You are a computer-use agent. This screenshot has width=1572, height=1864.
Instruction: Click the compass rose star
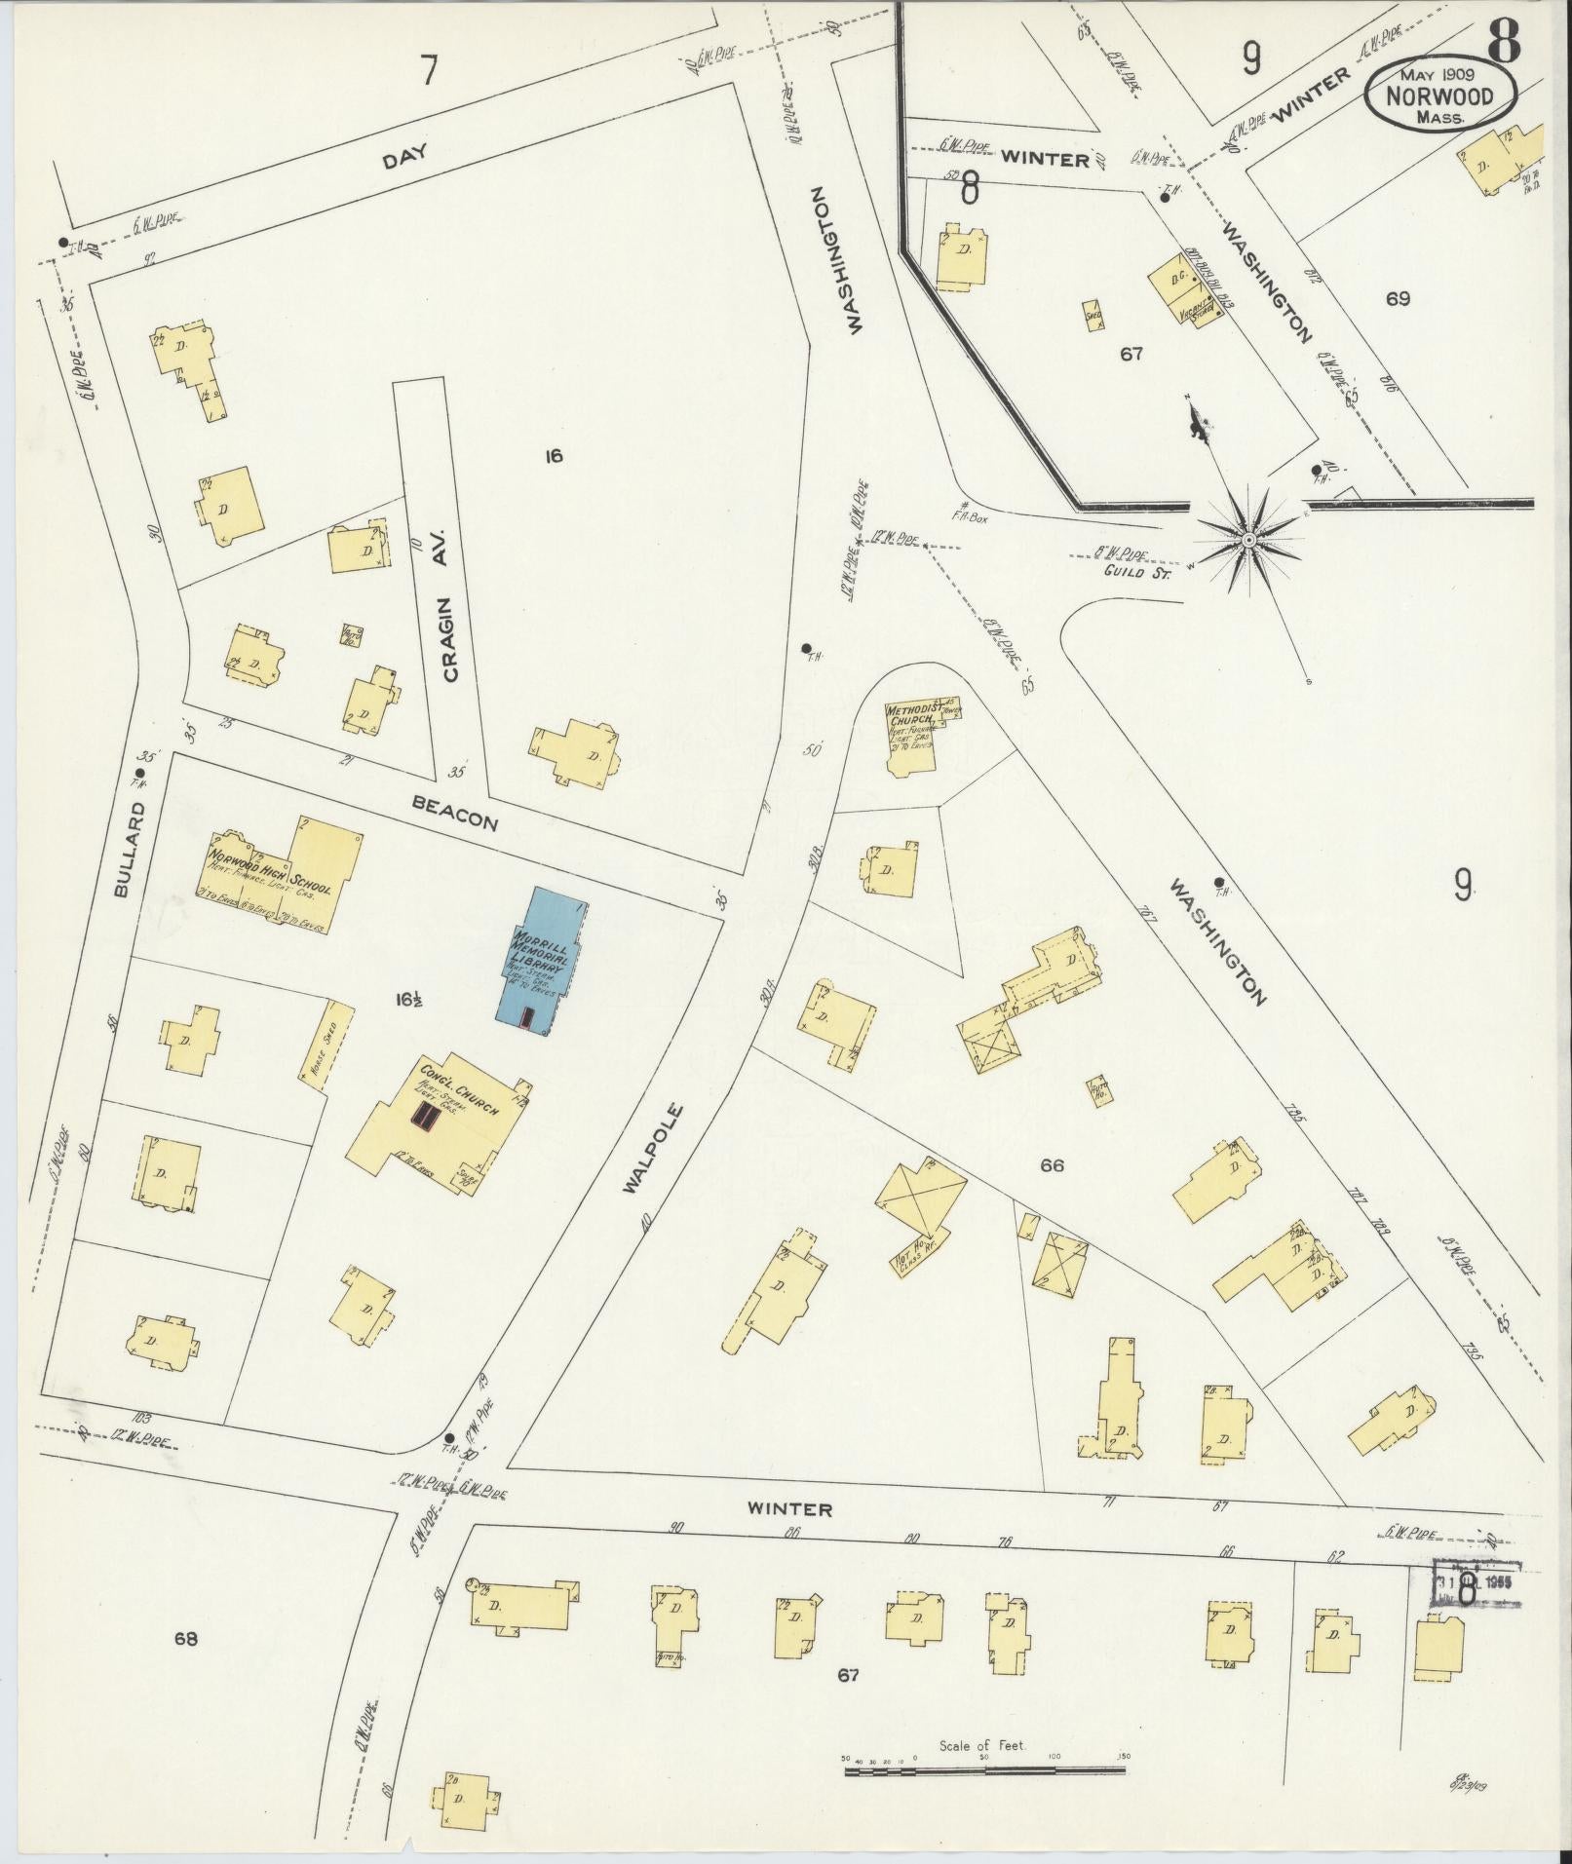[1248, 538]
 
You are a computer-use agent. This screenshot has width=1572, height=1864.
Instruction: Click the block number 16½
[408, 999]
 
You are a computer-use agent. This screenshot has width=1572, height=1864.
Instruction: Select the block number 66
[1053, 1164]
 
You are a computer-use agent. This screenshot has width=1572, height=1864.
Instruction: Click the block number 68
[186, 1638]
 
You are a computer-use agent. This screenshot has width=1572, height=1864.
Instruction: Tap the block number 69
[1398, 297]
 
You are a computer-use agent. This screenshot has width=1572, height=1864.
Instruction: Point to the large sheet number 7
[428, 70]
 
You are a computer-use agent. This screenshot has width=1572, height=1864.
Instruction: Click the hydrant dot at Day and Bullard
[63, 243]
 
